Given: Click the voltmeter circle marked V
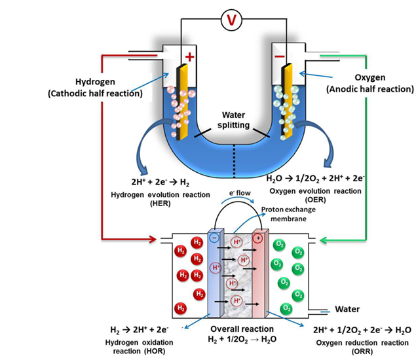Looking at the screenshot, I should [x=230, y=20].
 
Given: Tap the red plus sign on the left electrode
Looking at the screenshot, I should [x=190, y=57].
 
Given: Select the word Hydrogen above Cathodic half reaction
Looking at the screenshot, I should [x=95, y=82].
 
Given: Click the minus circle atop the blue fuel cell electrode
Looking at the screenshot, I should [x=216, y=238].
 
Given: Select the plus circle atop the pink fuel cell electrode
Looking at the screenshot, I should [x=259, y=238].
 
